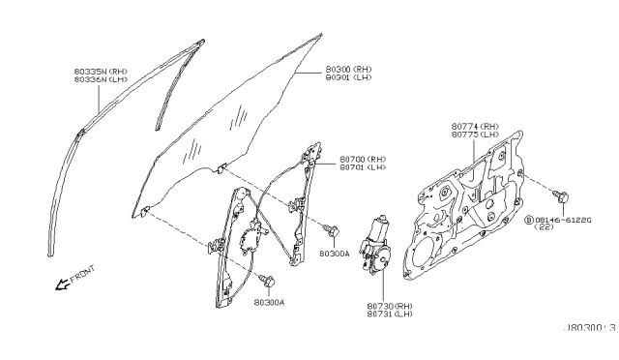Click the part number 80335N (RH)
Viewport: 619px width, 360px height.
click(101, 72)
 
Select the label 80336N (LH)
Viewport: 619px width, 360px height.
click(101, 81)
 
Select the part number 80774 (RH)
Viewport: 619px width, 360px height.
click(474, 127)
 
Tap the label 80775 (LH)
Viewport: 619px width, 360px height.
click(474, 136)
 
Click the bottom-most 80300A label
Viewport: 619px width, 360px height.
click(270, 302)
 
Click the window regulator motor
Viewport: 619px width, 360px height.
click(373, 242)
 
